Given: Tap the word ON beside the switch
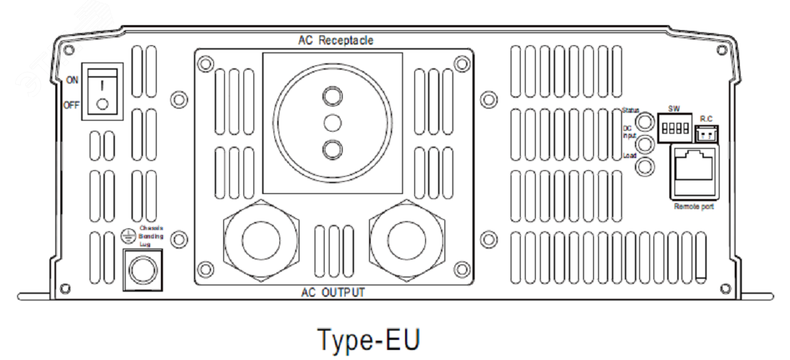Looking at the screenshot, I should click(73, 80).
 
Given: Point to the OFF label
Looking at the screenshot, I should click(73, 106).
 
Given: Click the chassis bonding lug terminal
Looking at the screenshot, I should click(139, 269).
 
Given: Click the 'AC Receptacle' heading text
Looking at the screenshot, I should click(335, 40).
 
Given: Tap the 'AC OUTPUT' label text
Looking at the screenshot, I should click(333, 292).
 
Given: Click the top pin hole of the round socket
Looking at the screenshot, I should click(332, 96).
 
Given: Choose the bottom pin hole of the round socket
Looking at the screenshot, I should click(332, 149).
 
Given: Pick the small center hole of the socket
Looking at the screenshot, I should click(332, 122).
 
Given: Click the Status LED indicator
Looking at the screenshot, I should click(646, 119).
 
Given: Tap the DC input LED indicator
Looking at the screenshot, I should click(646, 144).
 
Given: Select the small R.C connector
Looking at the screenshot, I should click(706, 134).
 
